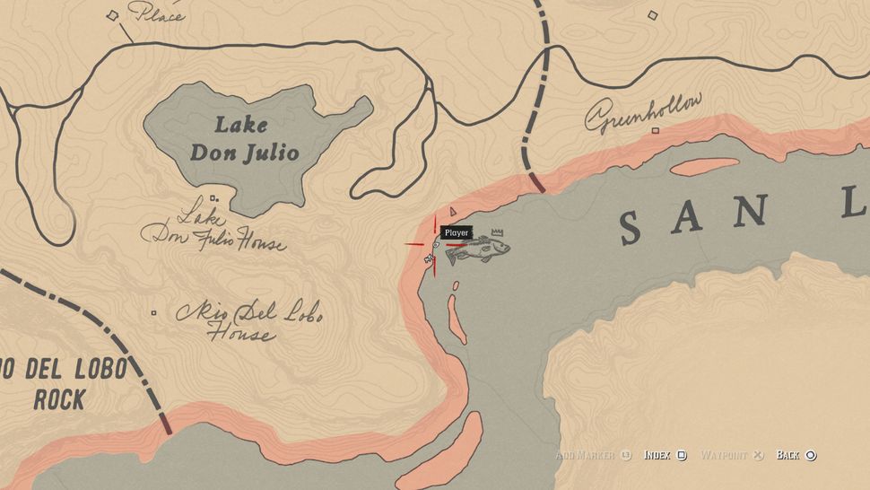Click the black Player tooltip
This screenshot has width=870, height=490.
click(x=456, y=232)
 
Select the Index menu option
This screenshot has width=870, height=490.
click(x=665, y=455)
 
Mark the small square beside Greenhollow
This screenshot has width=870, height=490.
click(x=655, y=130)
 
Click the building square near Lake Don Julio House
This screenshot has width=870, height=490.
click(x=213, y=197)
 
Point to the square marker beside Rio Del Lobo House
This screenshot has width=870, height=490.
click(x=154, y=313)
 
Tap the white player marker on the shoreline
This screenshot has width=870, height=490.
click(x=429, y=258)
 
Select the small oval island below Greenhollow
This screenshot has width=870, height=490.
click(x=704, y=166)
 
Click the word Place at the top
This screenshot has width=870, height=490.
click(x=157, y=13)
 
